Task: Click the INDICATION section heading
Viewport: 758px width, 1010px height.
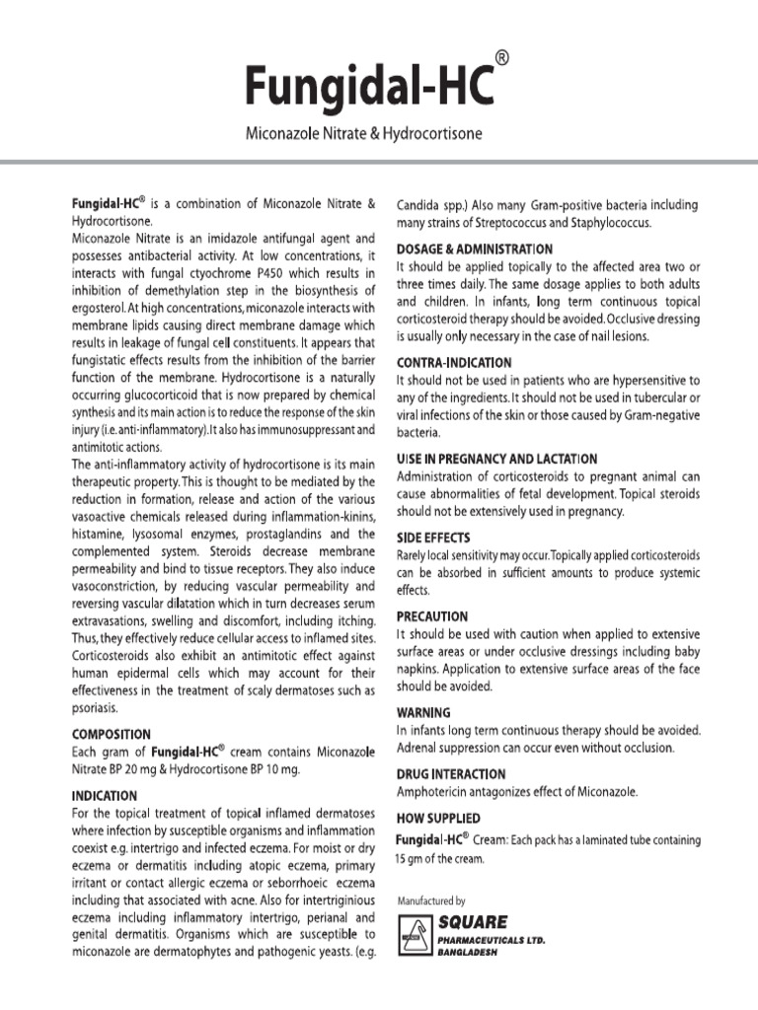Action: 104,794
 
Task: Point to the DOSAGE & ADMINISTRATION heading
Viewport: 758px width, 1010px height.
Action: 474,250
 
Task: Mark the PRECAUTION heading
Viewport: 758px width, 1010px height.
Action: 432,615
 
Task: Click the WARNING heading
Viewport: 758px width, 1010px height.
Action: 423,711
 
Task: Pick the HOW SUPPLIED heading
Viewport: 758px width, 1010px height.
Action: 438,819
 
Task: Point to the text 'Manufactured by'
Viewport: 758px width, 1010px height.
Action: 430,901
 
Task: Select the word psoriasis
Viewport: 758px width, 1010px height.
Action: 97,708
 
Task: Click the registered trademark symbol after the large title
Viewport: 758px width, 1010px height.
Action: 502,60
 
